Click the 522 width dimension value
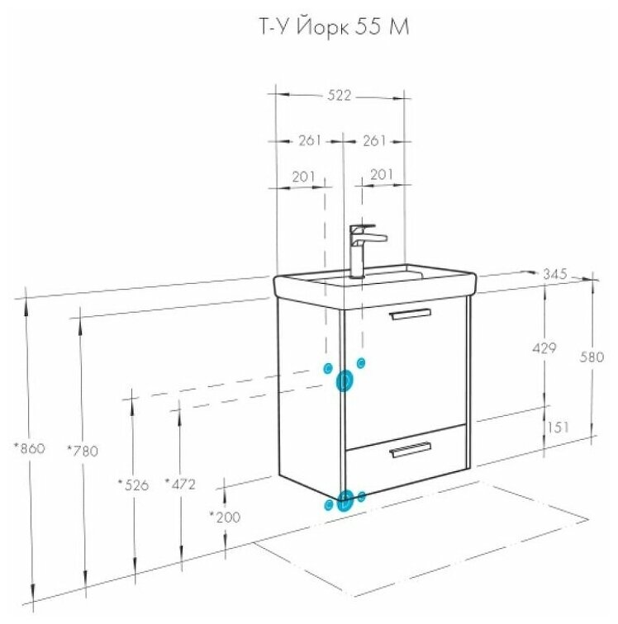coord(340,96)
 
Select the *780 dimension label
coord(83,451)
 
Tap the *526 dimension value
coord(132,485)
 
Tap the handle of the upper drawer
coord(410,314)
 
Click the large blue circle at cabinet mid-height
coord(345,381)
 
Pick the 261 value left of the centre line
coord(309,140)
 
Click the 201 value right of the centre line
coord(381,174)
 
